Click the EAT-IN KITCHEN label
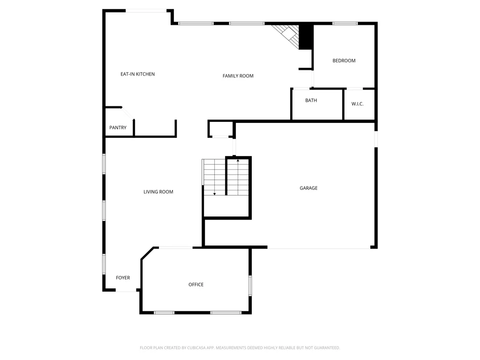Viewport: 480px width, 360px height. click(137, 74)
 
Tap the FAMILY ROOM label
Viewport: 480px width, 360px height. click(238, 76)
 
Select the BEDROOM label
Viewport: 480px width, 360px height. click(344, 60)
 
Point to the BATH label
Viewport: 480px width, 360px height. click(311, 100)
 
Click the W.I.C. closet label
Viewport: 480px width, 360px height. click(357, 104)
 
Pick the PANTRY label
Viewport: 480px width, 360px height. click(118, 127)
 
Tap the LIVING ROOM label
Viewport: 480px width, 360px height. click(158, 192)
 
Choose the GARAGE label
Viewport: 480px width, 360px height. click(308, 188)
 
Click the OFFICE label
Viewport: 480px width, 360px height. click(196, 285)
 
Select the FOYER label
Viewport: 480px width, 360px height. click(123, 277)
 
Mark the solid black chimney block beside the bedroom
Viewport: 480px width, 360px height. click(306, 36)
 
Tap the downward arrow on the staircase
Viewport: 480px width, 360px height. click(214, 194)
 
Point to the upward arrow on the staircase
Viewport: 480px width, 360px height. click(238, 160)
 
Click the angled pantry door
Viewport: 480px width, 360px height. click(127, 113)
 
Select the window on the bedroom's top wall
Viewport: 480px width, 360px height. click(345, 23)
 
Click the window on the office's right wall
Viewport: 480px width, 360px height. click(250, 285)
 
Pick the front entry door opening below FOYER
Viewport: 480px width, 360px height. click(126, 290)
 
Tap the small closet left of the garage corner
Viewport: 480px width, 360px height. click(221, 129)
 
